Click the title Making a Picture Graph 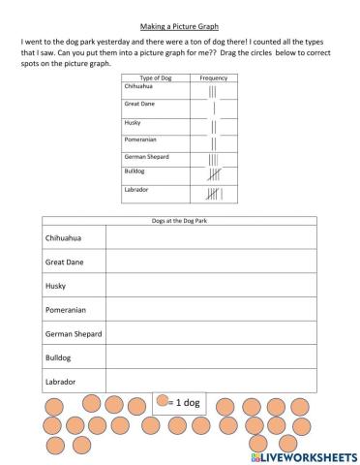tap(180, 28)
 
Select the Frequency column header tap(213, 77)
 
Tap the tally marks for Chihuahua tap(212, 93)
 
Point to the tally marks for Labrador tap(213, 195)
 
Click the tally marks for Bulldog tap(213, 174)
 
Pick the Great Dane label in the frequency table tap(140, 103)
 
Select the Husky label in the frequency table tap(133, 122)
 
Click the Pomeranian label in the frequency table tap(139, 139)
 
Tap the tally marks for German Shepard tap(213, 158)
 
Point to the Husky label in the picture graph tap(56, 286)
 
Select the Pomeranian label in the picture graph tap(66, 310)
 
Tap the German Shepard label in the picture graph tap(74, 334)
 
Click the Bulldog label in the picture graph tap(58, 358)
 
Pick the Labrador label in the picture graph tap(61, 383)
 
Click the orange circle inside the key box tap(162, 401)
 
